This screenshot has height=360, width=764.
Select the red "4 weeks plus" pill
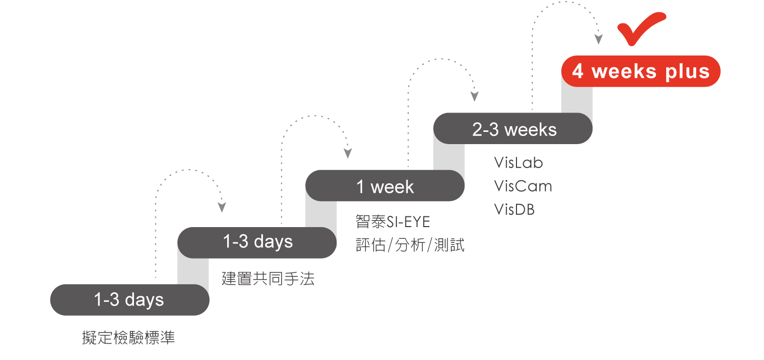tap(641, 71)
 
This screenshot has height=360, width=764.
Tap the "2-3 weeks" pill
tap(513, 128)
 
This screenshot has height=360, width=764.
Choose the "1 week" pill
tap(385, 185)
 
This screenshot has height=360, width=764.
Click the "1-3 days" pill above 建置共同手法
tap(257, 243)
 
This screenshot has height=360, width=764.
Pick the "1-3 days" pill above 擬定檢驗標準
tap(130, 300)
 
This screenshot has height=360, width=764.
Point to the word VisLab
tap(519, 162)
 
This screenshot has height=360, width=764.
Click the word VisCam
tap(523, 186)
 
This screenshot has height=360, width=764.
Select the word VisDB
tap(514, 209)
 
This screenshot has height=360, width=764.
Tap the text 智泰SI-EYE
tap(393, 222)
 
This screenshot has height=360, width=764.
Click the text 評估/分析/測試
tap(410, 245)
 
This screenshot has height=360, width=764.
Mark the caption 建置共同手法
tap(268, 279)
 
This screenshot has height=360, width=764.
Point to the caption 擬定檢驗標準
tap(128, 338)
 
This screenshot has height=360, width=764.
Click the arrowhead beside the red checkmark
tap(598, 39)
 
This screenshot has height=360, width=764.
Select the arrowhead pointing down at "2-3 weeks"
tap(474, 96)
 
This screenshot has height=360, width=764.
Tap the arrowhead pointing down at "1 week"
tap(347, 153)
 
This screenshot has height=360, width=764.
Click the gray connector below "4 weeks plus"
tap(577, 100)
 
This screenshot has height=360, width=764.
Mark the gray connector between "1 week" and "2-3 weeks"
tap(449, 157)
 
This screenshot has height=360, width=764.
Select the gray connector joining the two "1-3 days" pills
tap(193, 271)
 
